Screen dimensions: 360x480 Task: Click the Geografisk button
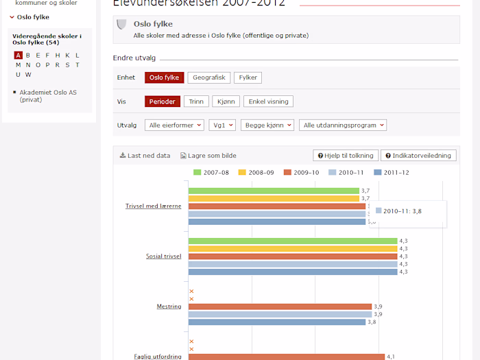tap(209, 77)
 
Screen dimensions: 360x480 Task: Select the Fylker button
tap(248, 77)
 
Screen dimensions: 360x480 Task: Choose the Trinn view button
tap(196, 101)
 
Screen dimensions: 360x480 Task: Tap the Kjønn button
tap(225, 101)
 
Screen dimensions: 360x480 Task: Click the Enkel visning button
tap(268, 101)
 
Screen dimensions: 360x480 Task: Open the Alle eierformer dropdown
tap(176, 125)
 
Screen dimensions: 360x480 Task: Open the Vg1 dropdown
tap(222, 125)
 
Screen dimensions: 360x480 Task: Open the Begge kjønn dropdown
tap(267, 125)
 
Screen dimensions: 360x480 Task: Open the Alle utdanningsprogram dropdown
tap(343, 125)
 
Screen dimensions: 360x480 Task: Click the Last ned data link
tap(145, 156)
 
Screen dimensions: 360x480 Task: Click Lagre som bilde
tap(208, 156)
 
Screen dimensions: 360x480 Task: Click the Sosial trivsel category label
tap(163, 256)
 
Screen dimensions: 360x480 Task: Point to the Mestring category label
tap(169, 307)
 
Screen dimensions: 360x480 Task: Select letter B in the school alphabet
tap(28, 56)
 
